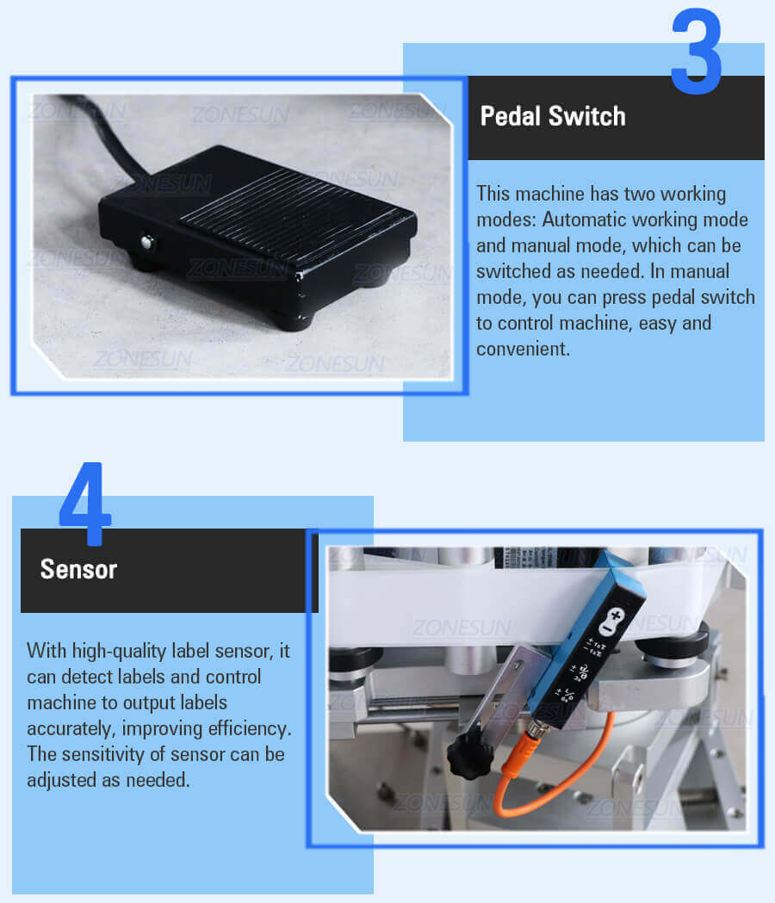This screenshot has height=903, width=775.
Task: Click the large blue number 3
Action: coord(696,51)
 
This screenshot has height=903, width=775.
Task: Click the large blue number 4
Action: coord(84,504)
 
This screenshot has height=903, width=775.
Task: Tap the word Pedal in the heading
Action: coord(511,116)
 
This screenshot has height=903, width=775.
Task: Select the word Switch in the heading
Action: coord(586,116)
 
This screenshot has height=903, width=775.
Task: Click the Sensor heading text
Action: coord(78,570)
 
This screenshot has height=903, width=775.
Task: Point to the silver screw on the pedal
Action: coord(148,243)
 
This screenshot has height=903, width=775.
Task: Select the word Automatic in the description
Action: coord(583,220)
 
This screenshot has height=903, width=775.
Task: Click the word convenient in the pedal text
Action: coord(523,349)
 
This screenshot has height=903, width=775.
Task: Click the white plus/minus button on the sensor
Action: coord(611,622)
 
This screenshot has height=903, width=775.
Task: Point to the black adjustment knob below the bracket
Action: coord(470,754)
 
